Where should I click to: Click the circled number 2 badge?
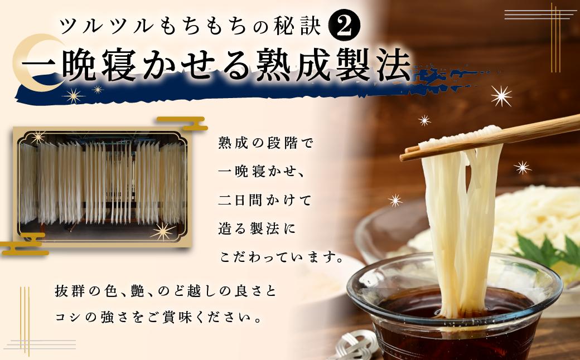point(344,25)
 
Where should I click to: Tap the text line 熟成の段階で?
point(265,143)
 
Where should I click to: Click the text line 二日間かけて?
point(265,200)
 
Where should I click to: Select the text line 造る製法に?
point(257,229)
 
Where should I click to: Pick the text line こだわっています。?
point(281,257)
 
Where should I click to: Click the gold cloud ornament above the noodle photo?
point(182,123)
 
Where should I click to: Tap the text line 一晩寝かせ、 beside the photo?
point(262,172)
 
